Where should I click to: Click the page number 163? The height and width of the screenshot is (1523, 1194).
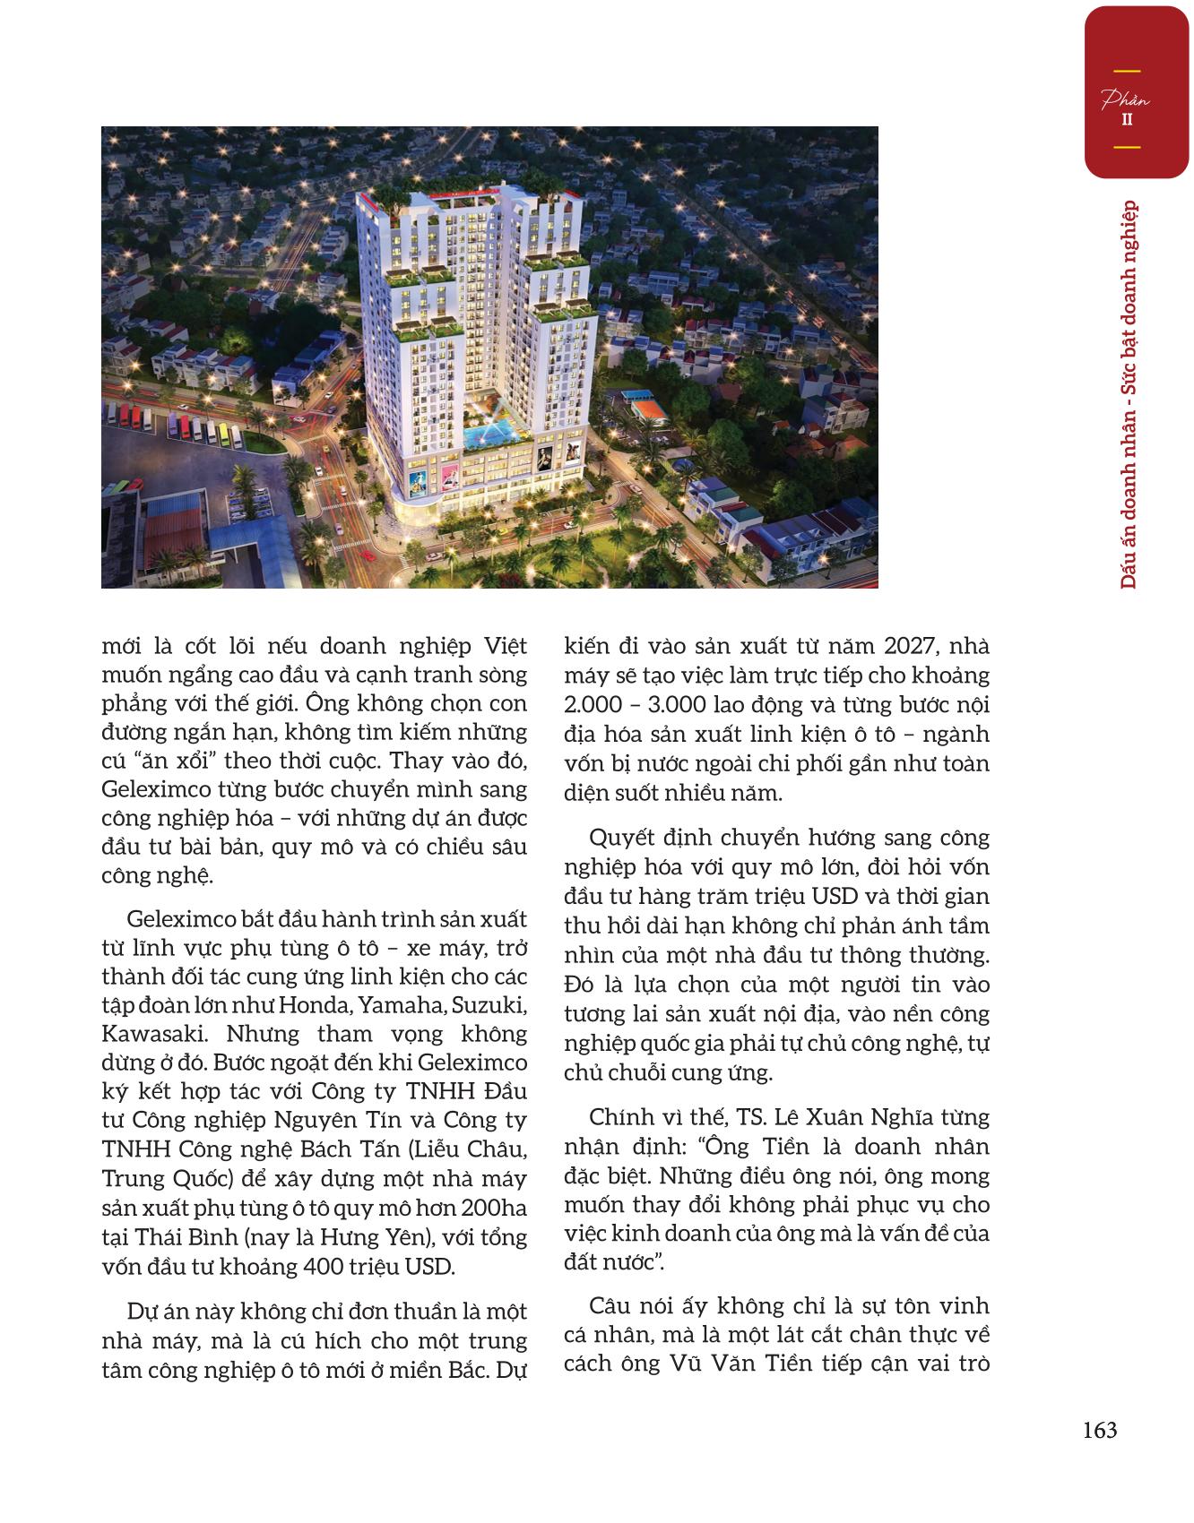(1099, 1430)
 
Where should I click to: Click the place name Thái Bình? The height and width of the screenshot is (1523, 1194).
(180, 1238)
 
